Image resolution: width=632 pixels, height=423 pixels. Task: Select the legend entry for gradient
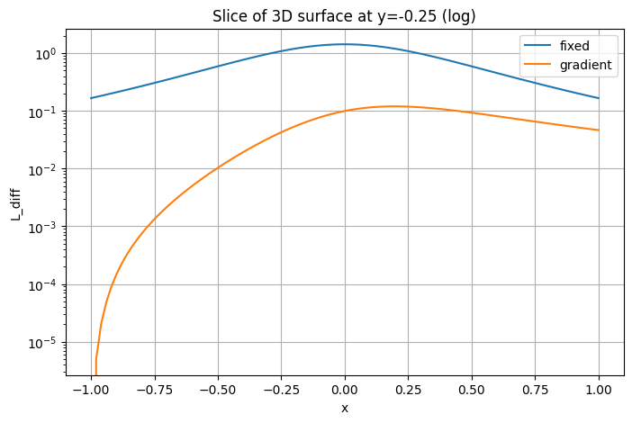tap(585, 65)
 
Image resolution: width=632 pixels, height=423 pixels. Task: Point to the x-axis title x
tap(345, 409)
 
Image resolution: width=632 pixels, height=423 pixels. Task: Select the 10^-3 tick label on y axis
tap(41, 227)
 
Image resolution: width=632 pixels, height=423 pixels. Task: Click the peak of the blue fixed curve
tap(345, 44)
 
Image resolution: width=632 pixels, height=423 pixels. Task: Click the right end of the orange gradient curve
tap(599, 130)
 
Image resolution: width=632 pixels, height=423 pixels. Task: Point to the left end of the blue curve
tap(91, 98)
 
